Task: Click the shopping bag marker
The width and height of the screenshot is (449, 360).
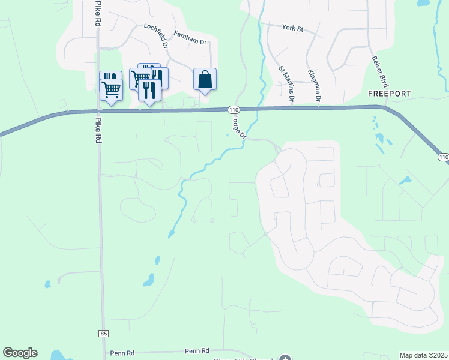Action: click(205, 79)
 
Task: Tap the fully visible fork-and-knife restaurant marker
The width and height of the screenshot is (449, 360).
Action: click(149, 90)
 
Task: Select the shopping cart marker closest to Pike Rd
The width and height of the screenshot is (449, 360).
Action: click(111, 89)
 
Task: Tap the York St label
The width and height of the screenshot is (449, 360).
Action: click(293, 27)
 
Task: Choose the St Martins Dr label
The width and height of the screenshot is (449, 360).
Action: click(286, 83)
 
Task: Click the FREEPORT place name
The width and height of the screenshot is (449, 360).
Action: click(390, 94)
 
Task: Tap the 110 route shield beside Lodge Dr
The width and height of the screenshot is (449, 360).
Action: click(234, 110)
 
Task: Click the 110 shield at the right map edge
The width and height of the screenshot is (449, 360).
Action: click(443, 157)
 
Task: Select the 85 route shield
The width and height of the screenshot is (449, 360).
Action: click(103, 333)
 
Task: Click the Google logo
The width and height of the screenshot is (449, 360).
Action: click(20, 353)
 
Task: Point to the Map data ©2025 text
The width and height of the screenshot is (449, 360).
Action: click(424, 355)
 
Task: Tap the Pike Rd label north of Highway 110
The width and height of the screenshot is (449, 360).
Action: click(97, 13)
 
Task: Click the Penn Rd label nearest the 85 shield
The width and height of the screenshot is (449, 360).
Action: click(122, 352)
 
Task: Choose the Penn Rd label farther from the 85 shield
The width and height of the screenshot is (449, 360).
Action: click(197, 350)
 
